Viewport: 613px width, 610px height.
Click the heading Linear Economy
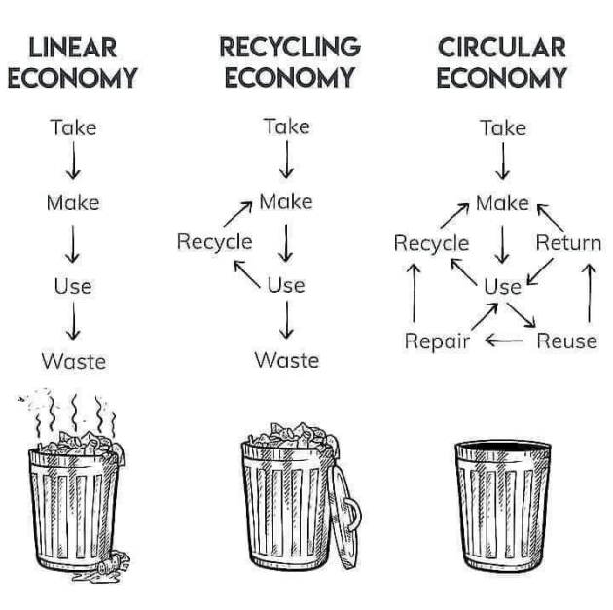[x=73, y=62]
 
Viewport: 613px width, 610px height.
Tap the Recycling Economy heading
[x=289, y=62]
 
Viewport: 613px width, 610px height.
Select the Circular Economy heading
[x=501, y=62]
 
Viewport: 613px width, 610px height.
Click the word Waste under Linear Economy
[x=73, y=361]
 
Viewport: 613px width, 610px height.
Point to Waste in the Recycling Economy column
[x=286, y=360]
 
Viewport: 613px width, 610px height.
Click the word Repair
[x=437, y=341]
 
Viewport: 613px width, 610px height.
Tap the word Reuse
[x=566, y=341]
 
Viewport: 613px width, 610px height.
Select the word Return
[x=568, y=242]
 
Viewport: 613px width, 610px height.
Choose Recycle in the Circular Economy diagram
[x=431, y=243]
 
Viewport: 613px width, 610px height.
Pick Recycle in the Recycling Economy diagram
[x=214, y=241]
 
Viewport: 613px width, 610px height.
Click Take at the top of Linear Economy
[x=73, y=126]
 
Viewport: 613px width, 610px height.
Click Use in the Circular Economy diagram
[x=502, y=286]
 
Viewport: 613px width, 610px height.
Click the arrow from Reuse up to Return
[x=589, y=292]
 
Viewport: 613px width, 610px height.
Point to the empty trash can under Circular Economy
[x=502, y=506]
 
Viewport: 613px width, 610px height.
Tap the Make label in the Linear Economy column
[x=73, y=203]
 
